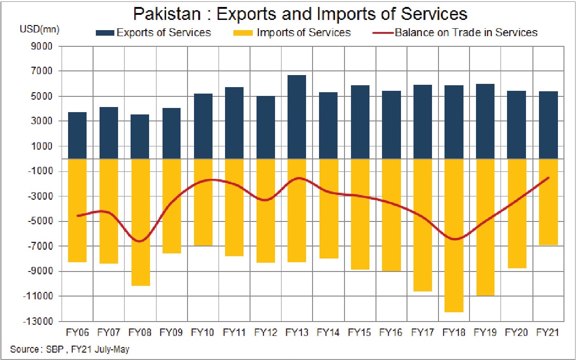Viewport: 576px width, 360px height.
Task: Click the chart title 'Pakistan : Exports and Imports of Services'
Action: (300, 14)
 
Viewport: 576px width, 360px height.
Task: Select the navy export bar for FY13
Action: (297, 117)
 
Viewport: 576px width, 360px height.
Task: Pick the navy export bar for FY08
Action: (140, 137)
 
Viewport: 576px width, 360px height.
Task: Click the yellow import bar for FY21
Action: (548, 202)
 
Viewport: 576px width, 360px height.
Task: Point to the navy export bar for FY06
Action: (77, 135)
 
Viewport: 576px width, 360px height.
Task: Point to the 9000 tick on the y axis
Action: (42, 46)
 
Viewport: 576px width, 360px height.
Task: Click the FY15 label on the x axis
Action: (359, 333)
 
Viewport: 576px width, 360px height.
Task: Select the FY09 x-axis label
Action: (171, 333)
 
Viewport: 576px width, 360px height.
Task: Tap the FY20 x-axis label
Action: (516, 333)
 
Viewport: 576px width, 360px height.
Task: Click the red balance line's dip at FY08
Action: (140, 241)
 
